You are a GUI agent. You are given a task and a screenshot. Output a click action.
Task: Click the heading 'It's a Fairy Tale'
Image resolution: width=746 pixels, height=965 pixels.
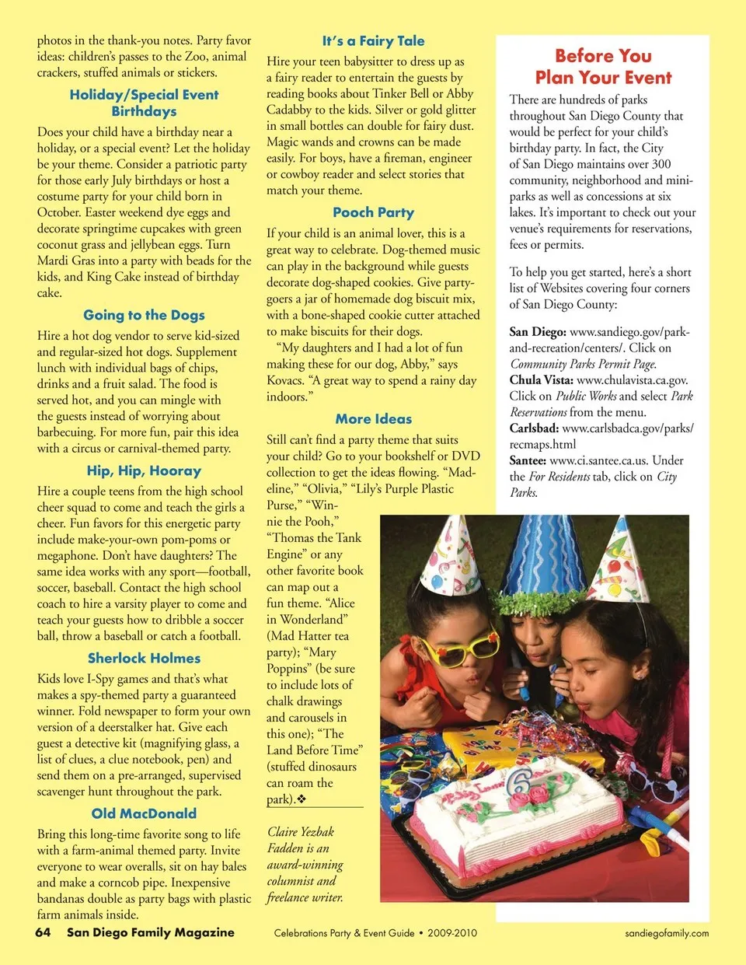pyautogui.click(x=373, y=41)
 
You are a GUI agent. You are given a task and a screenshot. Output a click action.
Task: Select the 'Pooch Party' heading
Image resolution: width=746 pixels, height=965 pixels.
pyautogui.click(x=373, y=212)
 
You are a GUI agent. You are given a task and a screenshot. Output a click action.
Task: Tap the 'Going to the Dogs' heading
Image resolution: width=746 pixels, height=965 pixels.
pyautogui.click(x=144, y=315)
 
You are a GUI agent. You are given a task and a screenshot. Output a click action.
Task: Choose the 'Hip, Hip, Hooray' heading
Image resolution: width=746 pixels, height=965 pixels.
pyautogui.click(x=144, y=470)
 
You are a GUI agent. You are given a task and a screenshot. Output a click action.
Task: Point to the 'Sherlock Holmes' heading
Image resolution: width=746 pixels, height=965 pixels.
pyautogui.click(x=144, y=658)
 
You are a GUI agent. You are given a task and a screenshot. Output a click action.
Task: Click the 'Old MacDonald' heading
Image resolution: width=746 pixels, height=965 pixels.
pyautogui.click(x=144, y=813)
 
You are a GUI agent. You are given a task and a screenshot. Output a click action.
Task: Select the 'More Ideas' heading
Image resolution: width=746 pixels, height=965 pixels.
pyautogui.click(x=373, y=418)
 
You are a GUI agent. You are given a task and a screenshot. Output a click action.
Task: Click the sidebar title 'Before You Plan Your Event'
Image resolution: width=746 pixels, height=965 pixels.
pyautogui.click(x=603, y=67)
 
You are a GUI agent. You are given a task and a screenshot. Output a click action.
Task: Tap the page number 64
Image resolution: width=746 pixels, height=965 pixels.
pyautogui.click(x=44, y=932)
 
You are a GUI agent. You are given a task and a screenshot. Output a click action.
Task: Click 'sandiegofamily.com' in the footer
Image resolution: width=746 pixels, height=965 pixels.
pyautogui.click(x=667, y=933)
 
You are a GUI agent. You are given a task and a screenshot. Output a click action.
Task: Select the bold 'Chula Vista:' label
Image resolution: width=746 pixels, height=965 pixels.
pyautogui.click(x=542, y=380)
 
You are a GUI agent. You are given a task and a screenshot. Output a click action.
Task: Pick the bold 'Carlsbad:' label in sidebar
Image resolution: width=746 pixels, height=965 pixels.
pyautogui.click(x=534, y=428)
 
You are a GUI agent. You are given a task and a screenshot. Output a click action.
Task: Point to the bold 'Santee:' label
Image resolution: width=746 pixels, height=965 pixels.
pyautogui.click(x=528, y=460)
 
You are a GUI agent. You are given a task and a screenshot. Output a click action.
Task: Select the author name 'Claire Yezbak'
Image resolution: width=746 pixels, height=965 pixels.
pyautogui.click(x=301, y=831)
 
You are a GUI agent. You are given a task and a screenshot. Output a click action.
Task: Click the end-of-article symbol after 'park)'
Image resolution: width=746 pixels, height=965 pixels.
pyautogui.click(x=301, y=799)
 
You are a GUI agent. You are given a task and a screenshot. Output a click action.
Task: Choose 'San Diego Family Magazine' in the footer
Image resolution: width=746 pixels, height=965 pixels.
pyautogui.click(x=150, y=932)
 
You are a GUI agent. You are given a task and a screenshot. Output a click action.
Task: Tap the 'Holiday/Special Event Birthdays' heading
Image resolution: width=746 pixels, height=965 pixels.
pyautogui.click(x=144, y=103)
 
